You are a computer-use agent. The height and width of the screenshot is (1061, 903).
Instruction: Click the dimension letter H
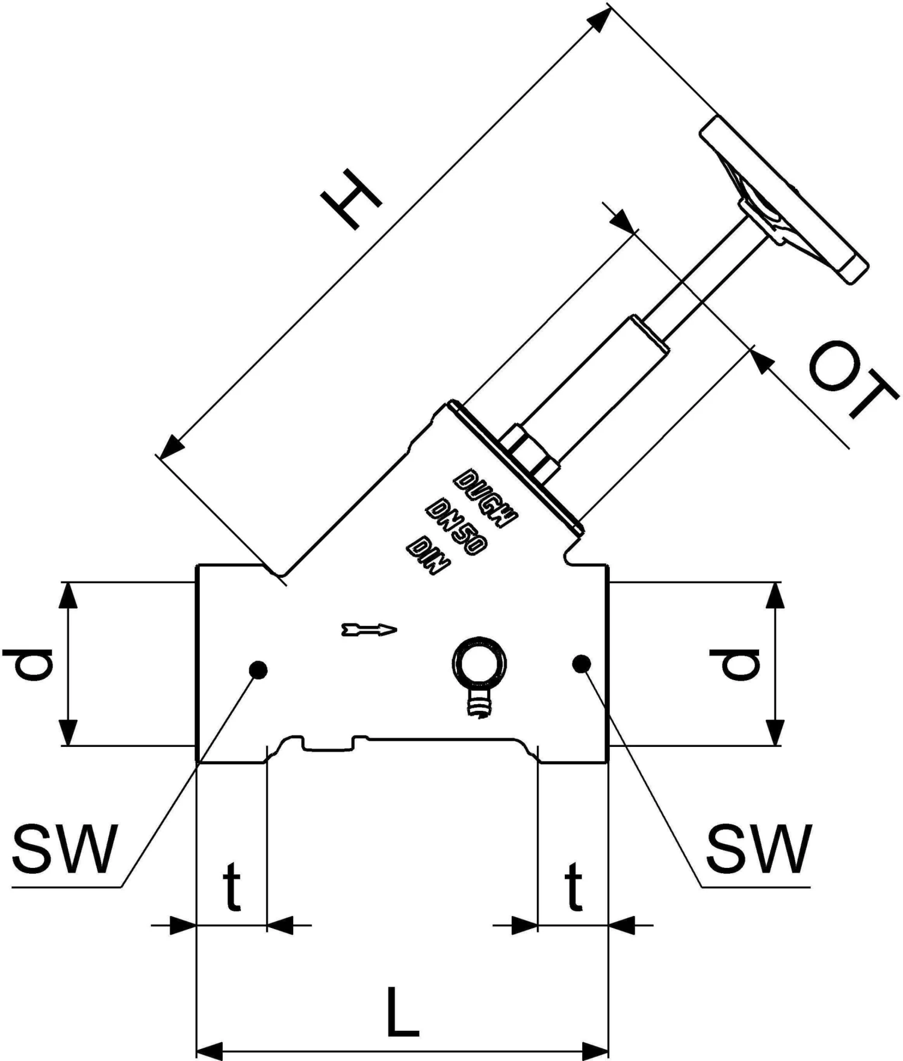[352, 199]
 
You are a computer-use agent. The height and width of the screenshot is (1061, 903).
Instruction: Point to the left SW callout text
[63, 850]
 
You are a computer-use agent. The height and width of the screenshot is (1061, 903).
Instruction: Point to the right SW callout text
[759, 850]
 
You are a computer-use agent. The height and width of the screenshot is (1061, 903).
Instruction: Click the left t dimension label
[232, 886]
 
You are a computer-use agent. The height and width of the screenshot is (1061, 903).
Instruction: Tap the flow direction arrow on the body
[369, 630]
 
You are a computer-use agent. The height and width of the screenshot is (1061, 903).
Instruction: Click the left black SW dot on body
[258, 670]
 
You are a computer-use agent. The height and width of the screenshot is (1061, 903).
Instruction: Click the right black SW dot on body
[582, 664]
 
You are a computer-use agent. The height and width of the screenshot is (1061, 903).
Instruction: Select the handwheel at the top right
[783, 199]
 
